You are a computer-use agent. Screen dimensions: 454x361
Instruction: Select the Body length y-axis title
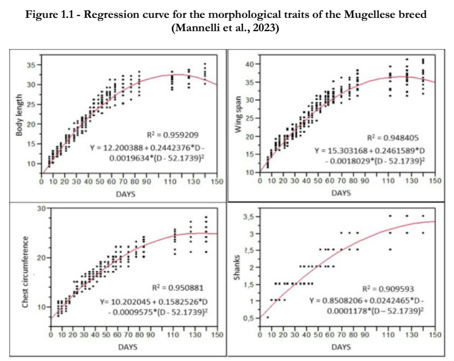19,115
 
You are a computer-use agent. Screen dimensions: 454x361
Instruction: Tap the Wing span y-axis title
238,114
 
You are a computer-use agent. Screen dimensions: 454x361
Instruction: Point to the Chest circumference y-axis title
25,272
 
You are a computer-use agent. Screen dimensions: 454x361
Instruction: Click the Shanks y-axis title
237,267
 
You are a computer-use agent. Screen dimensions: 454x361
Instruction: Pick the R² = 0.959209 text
173,135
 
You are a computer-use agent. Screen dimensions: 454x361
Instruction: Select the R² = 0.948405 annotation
393,137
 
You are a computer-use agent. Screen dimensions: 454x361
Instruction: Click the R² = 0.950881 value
178,288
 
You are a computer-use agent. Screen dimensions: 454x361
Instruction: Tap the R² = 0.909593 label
388,289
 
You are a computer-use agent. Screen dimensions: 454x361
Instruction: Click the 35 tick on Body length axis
32,65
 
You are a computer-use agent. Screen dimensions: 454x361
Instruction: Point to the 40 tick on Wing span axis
250,64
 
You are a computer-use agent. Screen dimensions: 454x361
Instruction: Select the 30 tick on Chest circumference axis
42,209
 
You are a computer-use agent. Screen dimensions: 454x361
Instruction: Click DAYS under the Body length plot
126,194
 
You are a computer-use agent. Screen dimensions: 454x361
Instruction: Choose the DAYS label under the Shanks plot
341,347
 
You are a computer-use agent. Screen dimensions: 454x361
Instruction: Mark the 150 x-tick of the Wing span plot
435,181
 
